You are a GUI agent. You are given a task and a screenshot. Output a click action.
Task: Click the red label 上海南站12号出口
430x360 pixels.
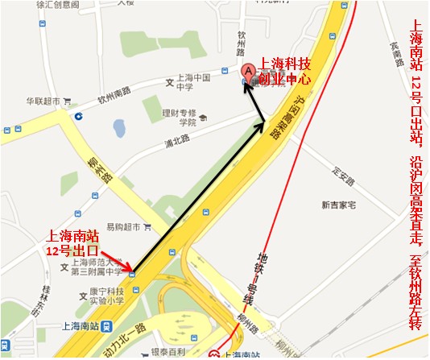75,244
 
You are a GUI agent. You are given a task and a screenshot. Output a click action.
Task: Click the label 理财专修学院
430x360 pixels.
178,118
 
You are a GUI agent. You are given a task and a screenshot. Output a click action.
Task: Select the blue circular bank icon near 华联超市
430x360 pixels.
77,116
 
